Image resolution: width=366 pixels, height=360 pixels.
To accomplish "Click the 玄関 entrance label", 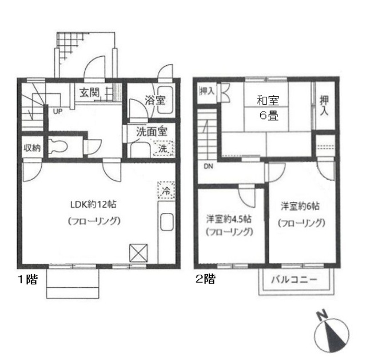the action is (x=90, y=93).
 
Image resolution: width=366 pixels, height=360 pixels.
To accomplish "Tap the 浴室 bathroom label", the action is (x=155, y=100).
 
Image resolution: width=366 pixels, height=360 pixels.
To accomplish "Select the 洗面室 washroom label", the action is (x=152, y=132).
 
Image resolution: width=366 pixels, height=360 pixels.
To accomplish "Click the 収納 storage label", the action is (x=32, y=148).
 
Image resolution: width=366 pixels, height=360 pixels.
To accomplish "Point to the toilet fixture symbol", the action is (x=58, y=147).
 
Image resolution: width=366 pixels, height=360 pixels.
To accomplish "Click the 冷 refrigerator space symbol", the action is (x=166, y=190).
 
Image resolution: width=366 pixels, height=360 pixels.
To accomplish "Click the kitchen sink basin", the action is (x=167, y=222).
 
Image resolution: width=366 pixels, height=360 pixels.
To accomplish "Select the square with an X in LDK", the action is (x=138, y=253).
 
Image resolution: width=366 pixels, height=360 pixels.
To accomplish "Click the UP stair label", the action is (x=58, y=112).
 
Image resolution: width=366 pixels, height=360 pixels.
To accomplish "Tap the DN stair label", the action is (x=208, y=167).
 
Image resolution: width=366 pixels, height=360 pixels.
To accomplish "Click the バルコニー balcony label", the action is (x=294, y=279).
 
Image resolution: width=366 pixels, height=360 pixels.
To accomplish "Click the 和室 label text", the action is (x=268, y=101).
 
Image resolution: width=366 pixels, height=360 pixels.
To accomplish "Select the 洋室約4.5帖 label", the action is (x=229, y=219).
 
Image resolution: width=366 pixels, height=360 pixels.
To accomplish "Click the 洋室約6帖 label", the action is (x=300, y=206).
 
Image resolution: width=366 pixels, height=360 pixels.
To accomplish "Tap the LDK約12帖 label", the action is (x=93, y=205).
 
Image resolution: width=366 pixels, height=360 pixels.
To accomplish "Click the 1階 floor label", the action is (x=28, y=279).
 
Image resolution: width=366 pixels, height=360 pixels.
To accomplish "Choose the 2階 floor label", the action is (x=205, y=279).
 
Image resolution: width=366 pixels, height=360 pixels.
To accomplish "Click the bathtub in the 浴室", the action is (x=165, y=100).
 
